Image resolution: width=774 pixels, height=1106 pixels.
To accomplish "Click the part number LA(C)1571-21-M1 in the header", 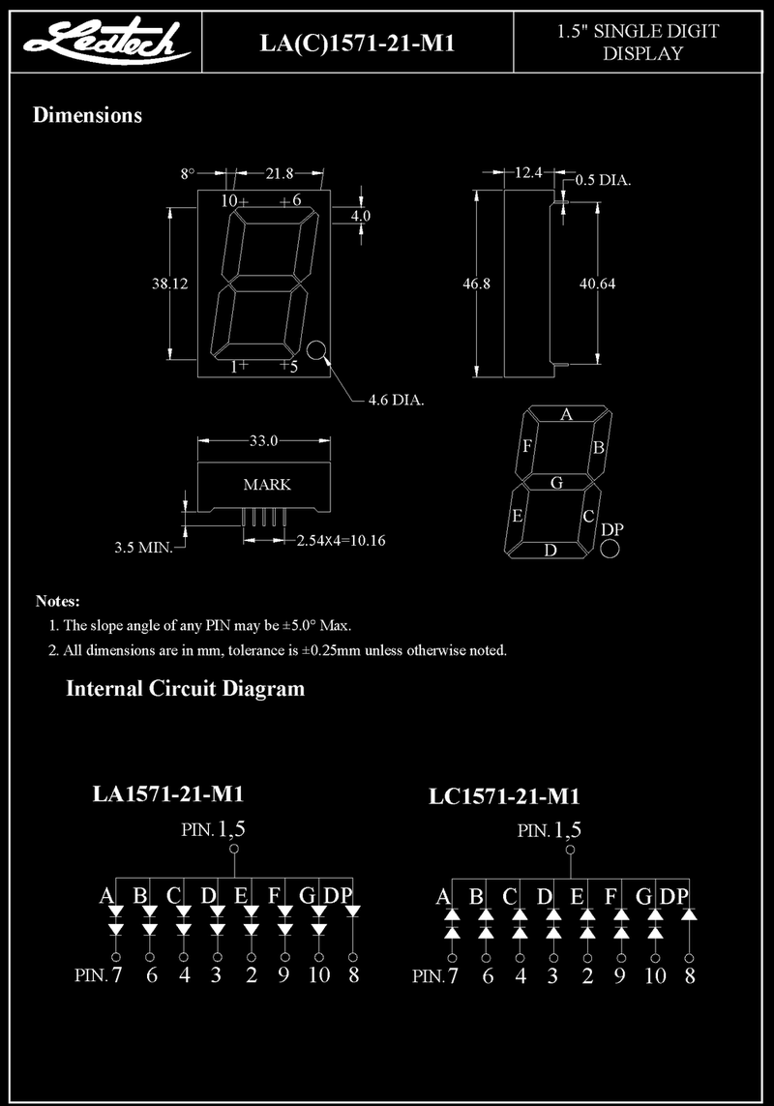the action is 357,43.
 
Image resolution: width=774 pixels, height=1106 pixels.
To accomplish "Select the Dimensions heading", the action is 87,115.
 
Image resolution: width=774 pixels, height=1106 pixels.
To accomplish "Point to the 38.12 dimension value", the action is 170,284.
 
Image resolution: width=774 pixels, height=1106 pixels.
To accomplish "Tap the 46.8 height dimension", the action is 476,284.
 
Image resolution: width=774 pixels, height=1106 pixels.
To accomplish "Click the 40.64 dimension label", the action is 597,284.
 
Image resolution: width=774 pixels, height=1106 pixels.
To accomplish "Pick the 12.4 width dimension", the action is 528,172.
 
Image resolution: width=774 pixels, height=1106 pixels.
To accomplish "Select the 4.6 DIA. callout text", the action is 396,400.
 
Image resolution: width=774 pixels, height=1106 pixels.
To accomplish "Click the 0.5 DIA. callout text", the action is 604,180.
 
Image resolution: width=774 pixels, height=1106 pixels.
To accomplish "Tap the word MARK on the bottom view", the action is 267,485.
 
